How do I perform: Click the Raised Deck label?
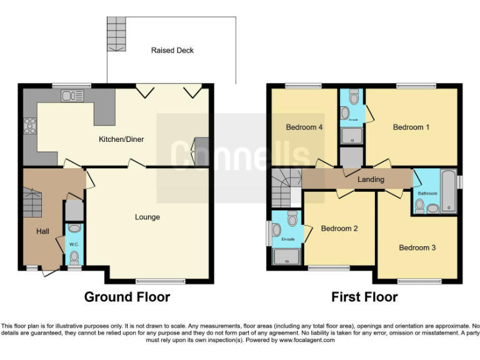pos(172,50)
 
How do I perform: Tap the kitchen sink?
pos(72,96)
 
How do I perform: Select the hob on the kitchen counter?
pos(29,126)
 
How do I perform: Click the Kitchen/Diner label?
pos(121,139)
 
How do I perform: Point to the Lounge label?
pos(147,217)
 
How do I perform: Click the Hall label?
pos(42,231)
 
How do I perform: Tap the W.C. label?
pos(74,244)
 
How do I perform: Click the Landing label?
pos(371,179)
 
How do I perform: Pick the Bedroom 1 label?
pos(411,127)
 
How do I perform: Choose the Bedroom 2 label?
pos(339,228)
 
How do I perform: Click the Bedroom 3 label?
pos(417,247)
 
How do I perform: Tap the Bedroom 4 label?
pos(304,127)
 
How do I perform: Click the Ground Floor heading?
pos(127,297)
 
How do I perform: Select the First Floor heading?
pos(364,297)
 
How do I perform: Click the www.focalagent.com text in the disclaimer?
pos(307,341)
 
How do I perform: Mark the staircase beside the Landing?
pos(286,187)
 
